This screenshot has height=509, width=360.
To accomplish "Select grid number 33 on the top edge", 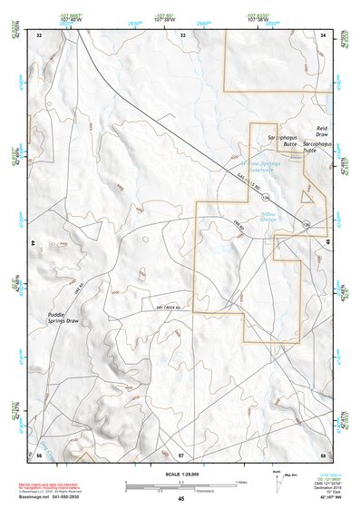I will pos(182,34).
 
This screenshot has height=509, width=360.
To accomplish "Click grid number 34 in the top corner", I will pos(324,34).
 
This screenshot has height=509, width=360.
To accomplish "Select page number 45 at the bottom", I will pos(180,498).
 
